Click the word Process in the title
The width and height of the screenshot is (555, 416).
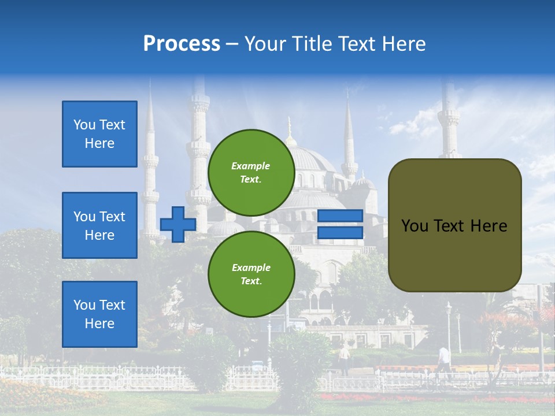coord(182,44)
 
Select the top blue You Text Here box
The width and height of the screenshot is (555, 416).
coord(99,134)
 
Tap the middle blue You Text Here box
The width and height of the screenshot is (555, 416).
coord(99,225)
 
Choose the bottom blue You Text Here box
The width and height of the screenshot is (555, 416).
coord(99,314)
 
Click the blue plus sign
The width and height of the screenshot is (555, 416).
coord(178,224)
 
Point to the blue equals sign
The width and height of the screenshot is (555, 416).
coord(340,224)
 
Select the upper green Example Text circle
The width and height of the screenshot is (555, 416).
coord(251,173)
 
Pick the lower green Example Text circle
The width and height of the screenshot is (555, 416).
coord(251,274)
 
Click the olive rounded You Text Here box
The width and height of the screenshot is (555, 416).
coord(454,225)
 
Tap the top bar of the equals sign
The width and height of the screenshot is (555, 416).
coord(340,216)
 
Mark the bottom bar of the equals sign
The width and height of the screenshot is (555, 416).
coord(340,233)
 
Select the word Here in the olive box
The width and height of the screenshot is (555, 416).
coord(489,226)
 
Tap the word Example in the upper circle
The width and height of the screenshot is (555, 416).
coord(251,166)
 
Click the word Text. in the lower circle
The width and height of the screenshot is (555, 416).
coord(251,281)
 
